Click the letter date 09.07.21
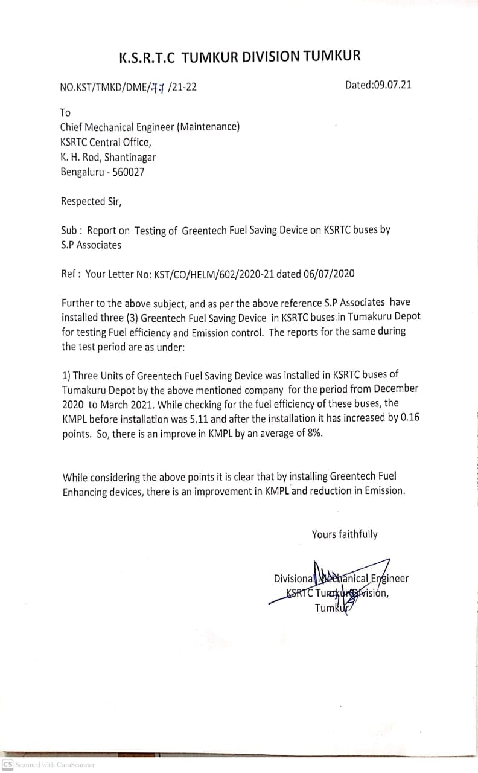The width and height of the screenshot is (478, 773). coord(392,85)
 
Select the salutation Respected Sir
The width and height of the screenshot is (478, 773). coord(91,202)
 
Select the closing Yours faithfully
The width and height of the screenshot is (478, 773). coord(345,534)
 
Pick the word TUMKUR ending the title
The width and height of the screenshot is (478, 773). coord(331,57)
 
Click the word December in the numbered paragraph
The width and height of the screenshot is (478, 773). coord(396,389)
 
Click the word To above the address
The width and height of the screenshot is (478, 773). coord(65,113)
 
